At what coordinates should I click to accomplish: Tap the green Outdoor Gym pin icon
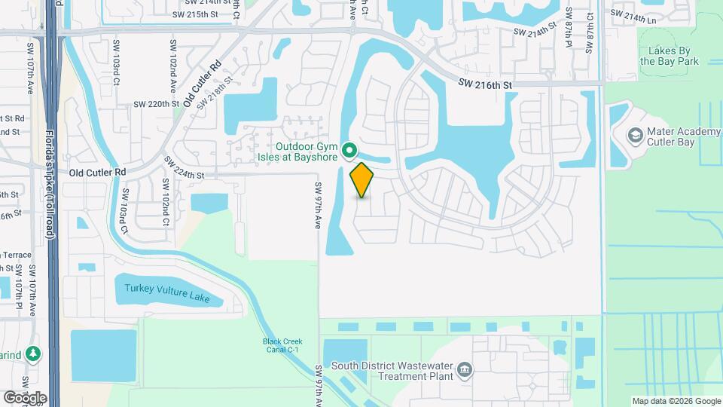click(x=349, y=151)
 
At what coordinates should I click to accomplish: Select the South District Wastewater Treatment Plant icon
click(x=465, y=370)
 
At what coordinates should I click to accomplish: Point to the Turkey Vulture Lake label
click(x=167, y=293)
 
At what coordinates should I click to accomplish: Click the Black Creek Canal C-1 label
click(x=282, y=345)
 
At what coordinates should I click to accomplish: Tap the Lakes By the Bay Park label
click(x=669, y=57)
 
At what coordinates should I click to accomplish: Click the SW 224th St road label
click(x=184, y=170)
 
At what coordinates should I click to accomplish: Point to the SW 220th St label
click(x=157, y=105)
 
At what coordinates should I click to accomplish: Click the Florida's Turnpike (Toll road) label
click(x=50, y=185)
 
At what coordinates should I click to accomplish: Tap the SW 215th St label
click(x=194, y=14)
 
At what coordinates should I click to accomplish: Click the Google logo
click(x=25, y=397)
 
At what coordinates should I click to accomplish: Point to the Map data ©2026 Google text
click(x=676, y=401)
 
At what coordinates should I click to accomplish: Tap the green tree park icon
click(x=32, y=353)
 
